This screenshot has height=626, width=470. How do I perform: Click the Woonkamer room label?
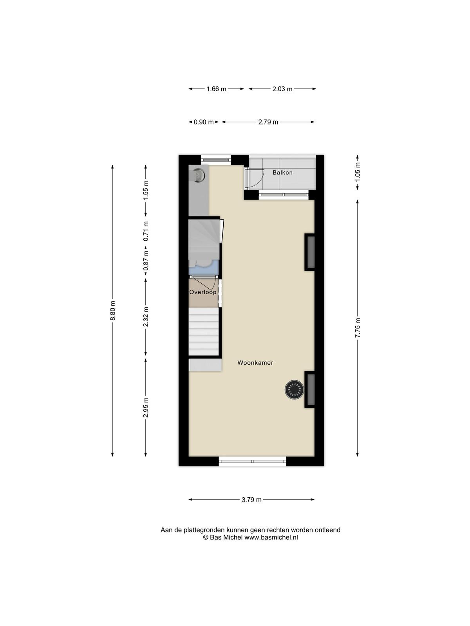[255, 363]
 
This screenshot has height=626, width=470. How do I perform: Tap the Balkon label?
[282, 173]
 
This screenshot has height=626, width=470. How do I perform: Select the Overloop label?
[203, 292]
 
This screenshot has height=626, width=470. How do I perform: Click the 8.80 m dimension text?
[113, 310]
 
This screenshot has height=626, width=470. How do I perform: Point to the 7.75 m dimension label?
[358, 328]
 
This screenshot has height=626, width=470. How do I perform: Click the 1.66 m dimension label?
[216, 89]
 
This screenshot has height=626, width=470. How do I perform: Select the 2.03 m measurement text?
[282, 89]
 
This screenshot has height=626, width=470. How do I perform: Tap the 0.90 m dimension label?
[203, 122]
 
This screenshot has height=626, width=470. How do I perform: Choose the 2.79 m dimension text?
[268, 122]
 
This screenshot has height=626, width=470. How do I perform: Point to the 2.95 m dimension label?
[146, 407]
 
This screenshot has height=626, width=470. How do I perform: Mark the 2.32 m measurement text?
[146, 317]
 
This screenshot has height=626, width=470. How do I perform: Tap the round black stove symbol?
[294, 390]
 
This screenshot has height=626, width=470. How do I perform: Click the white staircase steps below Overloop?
[203, 331]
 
